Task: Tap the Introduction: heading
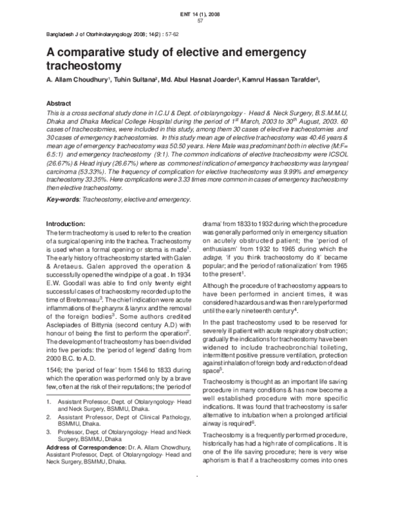coord(72,223)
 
